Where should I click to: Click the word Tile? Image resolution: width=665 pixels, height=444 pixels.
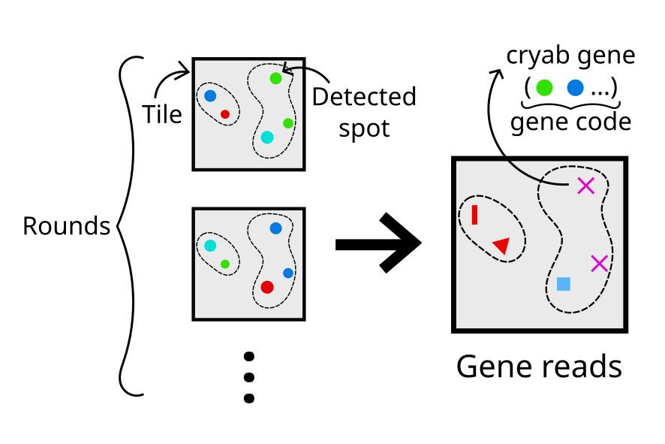click(162, 114)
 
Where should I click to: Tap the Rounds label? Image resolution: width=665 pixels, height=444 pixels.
click(66, 226)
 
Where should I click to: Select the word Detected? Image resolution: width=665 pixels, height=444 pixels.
click(364, 98)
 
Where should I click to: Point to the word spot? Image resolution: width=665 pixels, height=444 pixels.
click(364, 128)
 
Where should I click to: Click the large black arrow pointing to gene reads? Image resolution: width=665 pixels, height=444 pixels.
click(379, 243)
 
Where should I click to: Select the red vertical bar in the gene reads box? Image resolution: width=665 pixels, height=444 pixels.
click(474, 215)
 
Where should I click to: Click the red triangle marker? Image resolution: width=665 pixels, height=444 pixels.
click(501, 245)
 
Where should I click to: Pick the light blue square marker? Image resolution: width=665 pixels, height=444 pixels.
click(564, 284)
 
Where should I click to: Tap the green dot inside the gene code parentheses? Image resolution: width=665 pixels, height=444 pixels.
click(545, 87)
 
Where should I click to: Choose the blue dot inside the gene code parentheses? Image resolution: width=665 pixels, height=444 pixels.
click(575, 87)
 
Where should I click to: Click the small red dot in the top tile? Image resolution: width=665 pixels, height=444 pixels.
click(225, 114)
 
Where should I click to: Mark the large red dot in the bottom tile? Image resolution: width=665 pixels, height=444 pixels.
click(267, 286)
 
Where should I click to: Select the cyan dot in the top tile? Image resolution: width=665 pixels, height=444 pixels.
click(267, 137)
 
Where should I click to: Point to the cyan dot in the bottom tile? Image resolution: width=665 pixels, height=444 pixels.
click(210, 246)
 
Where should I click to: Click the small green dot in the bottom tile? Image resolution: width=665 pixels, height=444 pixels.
click(225, 264)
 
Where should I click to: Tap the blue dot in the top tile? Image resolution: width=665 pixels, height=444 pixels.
click(210, 96)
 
